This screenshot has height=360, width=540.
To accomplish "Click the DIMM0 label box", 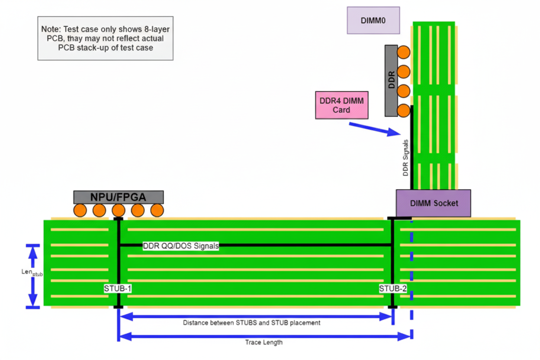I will point(373,20).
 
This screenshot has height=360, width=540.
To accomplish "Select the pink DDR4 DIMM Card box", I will point(341,105).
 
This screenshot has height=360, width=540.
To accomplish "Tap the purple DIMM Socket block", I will point(433,203).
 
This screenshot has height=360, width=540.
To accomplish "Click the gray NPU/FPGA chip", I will point(118,197).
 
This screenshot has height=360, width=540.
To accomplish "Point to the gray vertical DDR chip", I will point(391,80).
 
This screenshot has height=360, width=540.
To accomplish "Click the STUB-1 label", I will point(117,289).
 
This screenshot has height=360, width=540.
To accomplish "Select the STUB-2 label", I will point(392,289).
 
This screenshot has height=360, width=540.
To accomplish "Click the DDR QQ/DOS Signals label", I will point(181,246).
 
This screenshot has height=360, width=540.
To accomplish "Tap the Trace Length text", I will point(264,342).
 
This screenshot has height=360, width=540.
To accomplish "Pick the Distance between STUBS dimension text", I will point(251,323).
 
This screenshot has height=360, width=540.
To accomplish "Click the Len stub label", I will point(32,273).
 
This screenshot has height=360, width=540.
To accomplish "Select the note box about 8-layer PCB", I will point(106,39).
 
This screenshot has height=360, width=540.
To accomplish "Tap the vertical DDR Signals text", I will point(405,157).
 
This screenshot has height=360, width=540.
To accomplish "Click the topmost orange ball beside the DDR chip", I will point(403,52).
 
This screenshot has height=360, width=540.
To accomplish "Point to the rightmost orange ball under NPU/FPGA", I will point(157,210).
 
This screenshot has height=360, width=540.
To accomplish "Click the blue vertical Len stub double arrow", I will point(32,276).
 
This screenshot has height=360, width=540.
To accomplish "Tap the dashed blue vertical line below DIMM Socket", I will point(411,277).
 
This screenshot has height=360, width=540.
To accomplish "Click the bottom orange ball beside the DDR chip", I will point(403,111).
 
